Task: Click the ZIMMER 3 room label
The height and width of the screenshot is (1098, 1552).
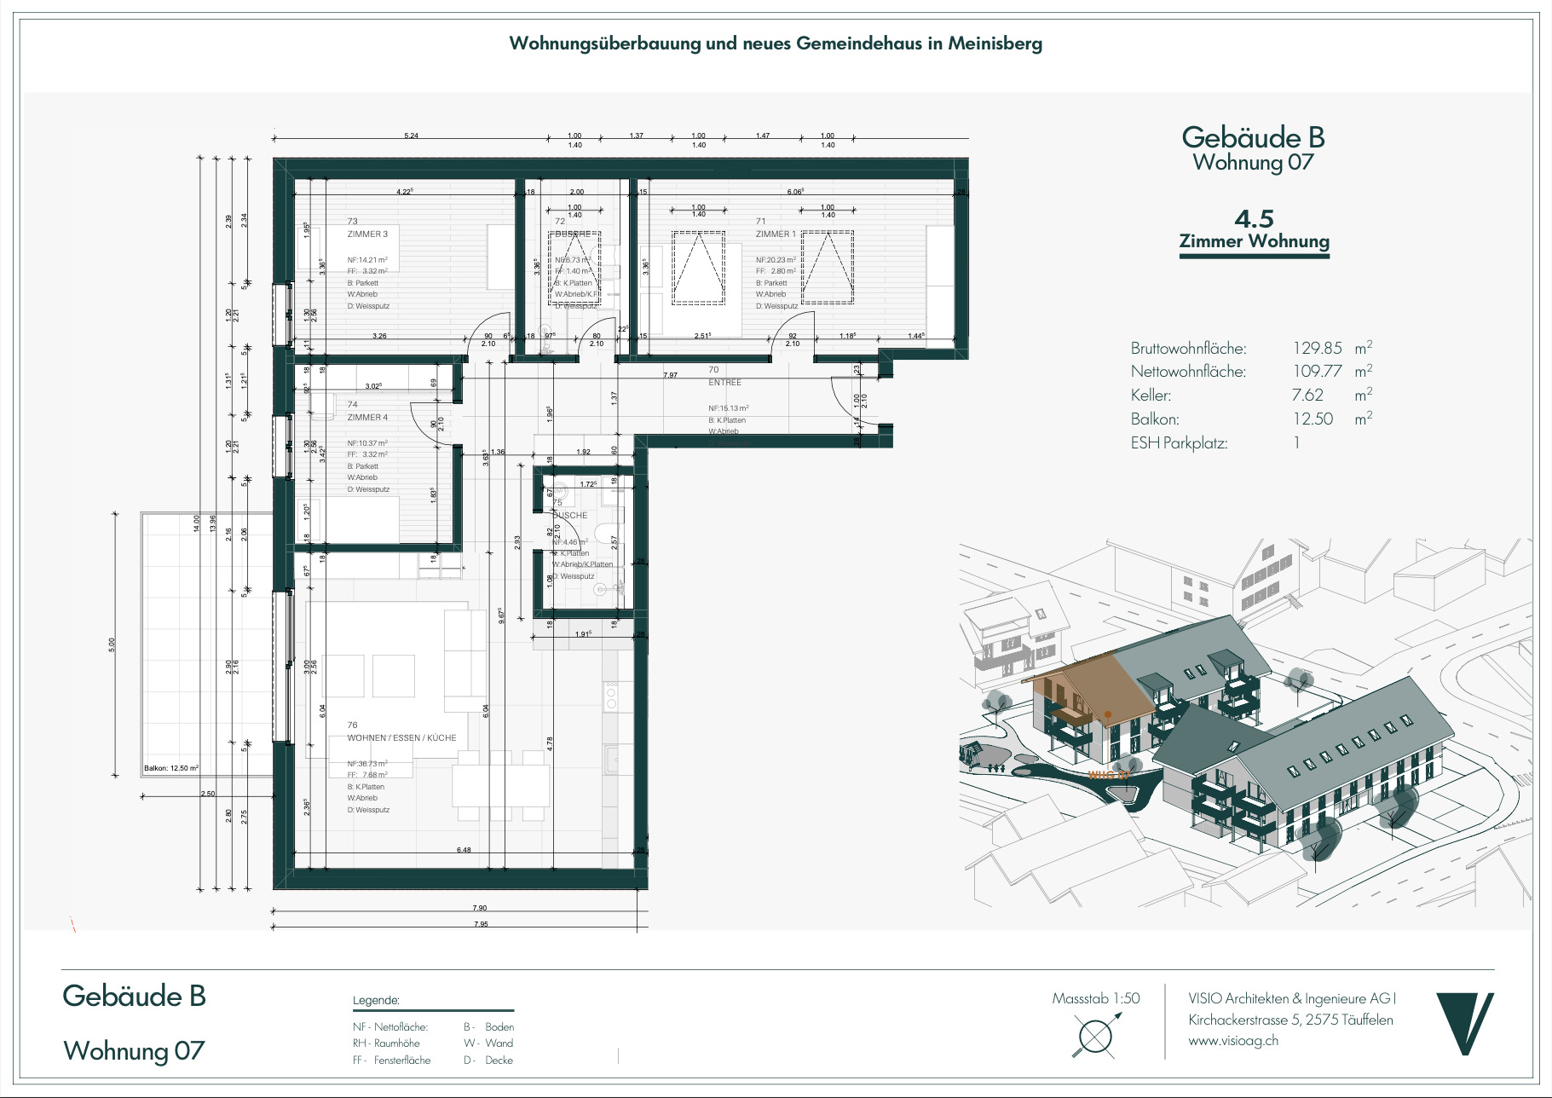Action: click(x=367, y=234)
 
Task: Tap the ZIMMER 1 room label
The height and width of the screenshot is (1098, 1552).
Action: click(x=776, y=234)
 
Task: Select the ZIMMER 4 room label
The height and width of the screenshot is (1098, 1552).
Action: click(x=367, y=418)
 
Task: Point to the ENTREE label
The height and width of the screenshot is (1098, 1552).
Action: click(x=724, y=383)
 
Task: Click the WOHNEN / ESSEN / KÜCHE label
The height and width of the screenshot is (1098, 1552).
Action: click(x=401, y=738)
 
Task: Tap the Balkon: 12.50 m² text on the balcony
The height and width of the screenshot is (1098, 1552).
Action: click(x=170, y=768)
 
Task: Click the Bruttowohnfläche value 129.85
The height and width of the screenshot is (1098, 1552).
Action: click(x=1317, y=348)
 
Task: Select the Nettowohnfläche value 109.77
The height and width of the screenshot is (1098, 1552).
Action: click(x=1317, y=371)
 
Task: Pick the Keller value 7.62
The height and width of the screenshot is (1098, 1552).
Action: click(x=1307, y=395)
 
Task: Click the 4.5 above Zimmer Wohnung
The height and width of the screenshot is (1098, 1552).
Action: click(x=1254, y=219)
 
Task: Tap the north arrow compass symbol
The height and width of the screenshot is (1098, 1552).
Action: click(x=1095, y=1037)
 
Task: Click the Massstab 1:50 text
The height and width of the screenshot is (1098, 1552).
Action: click(x=1095, y=998)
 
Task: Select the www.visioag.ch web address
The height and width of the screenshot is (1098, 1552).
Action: click(x=1233, y=1040)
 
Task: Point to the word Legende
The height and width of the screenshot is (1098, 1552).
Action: click(x=376, y=1000)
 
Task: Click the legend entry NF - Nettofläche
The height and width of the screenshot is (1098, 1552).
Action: click(x=390, y=1027)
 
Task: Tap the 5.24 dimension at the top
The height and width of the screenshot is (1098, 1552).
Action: click(x=411, y=136)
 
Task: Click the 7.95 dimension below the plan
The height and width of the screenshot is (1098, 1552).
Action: click(x=481, y=924)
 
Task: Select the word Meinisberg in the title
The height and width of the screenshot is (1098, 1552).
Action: click(x=995, y=43)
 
